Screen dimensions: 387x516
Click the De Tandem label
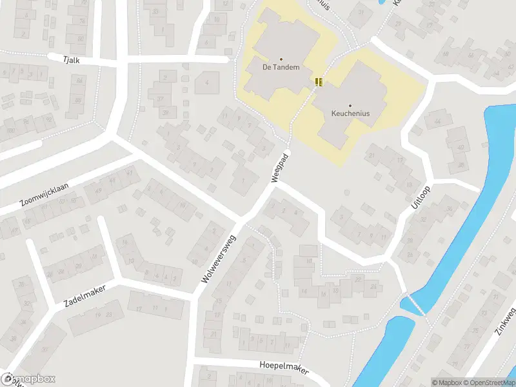281,67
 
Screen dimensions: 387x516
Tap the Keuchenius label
350,113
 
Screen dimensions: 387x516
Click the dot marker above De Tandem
281,59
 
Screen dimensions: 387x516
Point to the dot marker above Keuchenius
350,105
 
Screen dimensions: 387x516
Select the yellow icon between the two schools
318,81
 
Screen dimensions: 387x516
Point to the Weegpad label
280,168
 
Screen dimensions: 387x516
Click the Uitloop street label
418,194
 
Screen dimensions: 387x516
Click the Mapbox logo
28,379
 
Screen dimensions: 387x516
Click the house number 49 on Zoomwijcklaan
98,190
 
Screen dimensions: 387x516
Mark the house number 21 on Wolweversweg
213,333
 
